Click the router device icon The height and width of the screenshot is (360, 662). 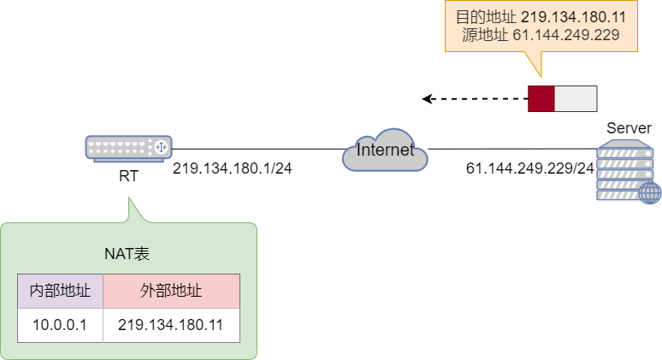click(128, 148)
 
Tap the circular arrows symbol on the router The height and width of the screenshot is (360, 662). click(158, 148)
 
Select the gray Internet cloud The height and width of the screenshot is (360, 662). click(384, 151)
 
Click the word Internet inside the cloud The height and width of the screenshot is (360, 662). click(384, 150)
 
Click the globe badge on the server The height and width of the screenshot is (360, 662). click(649, 192)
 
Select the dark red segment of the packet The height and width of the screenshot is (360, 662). click(541, 98)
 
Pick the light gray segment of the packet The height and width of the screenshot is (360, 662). click(576, 98)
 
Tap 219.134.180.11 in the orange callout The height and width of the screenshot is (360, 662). click(574, 15)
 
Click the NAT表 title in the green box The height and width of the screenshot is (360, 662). click(128, 254)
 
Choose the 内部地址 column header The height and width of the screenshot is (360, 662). click(60, 291)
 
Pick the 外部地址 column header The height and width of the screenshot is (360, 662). click(171, 291)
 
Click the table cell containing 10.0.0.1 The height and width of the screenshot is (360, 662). click(60, 325)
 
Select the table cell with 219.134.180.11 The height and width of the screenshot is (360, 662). click(171, 325)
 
